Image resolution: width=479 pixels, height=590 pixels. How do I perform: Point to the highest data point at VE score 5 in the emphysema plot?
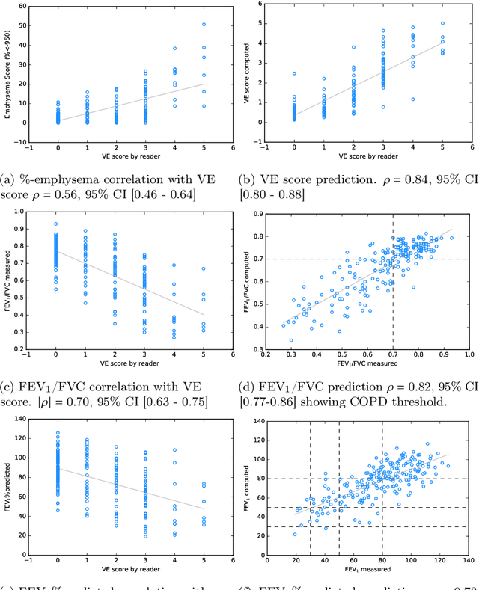[204, 24]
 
